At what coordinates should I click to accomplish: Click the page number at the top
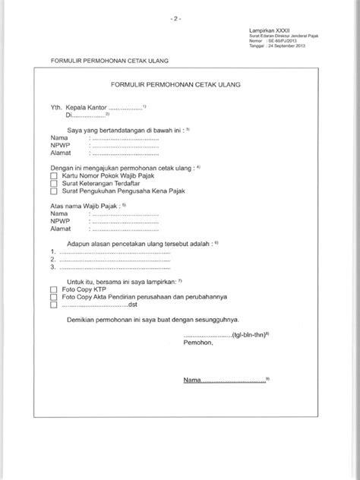pyautogui.click(x=180, y=16)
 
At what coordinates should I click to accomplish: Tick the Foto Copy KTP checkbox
pyautogui.click(x=54, y=290)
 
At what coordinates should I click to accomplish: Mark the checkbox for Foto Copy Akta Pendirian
pyautogui.click(x=54, y=298)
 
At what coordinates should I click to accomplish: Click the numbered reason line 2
pyautogui.click(x=110, y=260)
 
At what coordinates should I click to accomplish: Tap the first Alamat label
pyautogui.click(x=61, y=153)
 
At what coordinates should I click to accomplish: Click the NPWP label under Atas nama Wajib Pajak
pyautogui.click(x=60, y=220)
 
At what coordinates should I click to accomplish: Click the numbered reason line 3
pyautogui.click(x=110, y=268)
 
